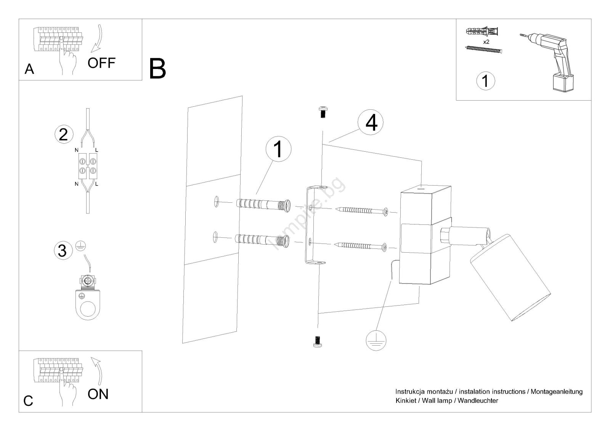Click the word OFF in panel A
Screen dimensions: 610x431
click(x=101, y=63)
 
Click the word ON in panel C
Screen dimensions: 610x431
click(x=98, y=394)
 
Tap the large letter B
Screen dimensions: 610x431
click(x=157, y=68)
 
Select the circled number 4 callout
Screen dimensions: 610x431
click(x=370, y=122)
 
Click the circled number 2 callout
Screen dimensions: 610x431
click(x=64, y=134)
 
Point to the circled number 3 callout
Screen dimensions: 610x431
click(x=63, y=250)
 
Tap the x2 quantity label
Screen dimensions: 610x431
click(x=486, y=42)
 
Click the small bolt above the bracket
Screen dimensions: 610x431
click(x=323, y=112)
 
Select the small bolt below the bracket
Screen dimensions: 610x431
click(x=317, y=342)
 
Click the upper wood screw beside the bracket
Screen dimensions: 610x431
click(x=362, y=211)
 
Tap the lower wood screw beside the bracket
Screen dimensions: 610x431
click(x=360, y=246)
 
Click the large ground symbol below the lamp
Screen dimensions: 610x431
click(x=376, y=341)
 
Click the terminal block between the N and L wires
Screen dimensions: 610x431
click(x=88, y=166)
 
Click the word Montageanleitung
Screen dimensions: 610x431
click(x=557, y=391)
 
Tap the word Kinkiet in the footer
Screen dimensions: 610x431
click(x=406, y=401)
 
